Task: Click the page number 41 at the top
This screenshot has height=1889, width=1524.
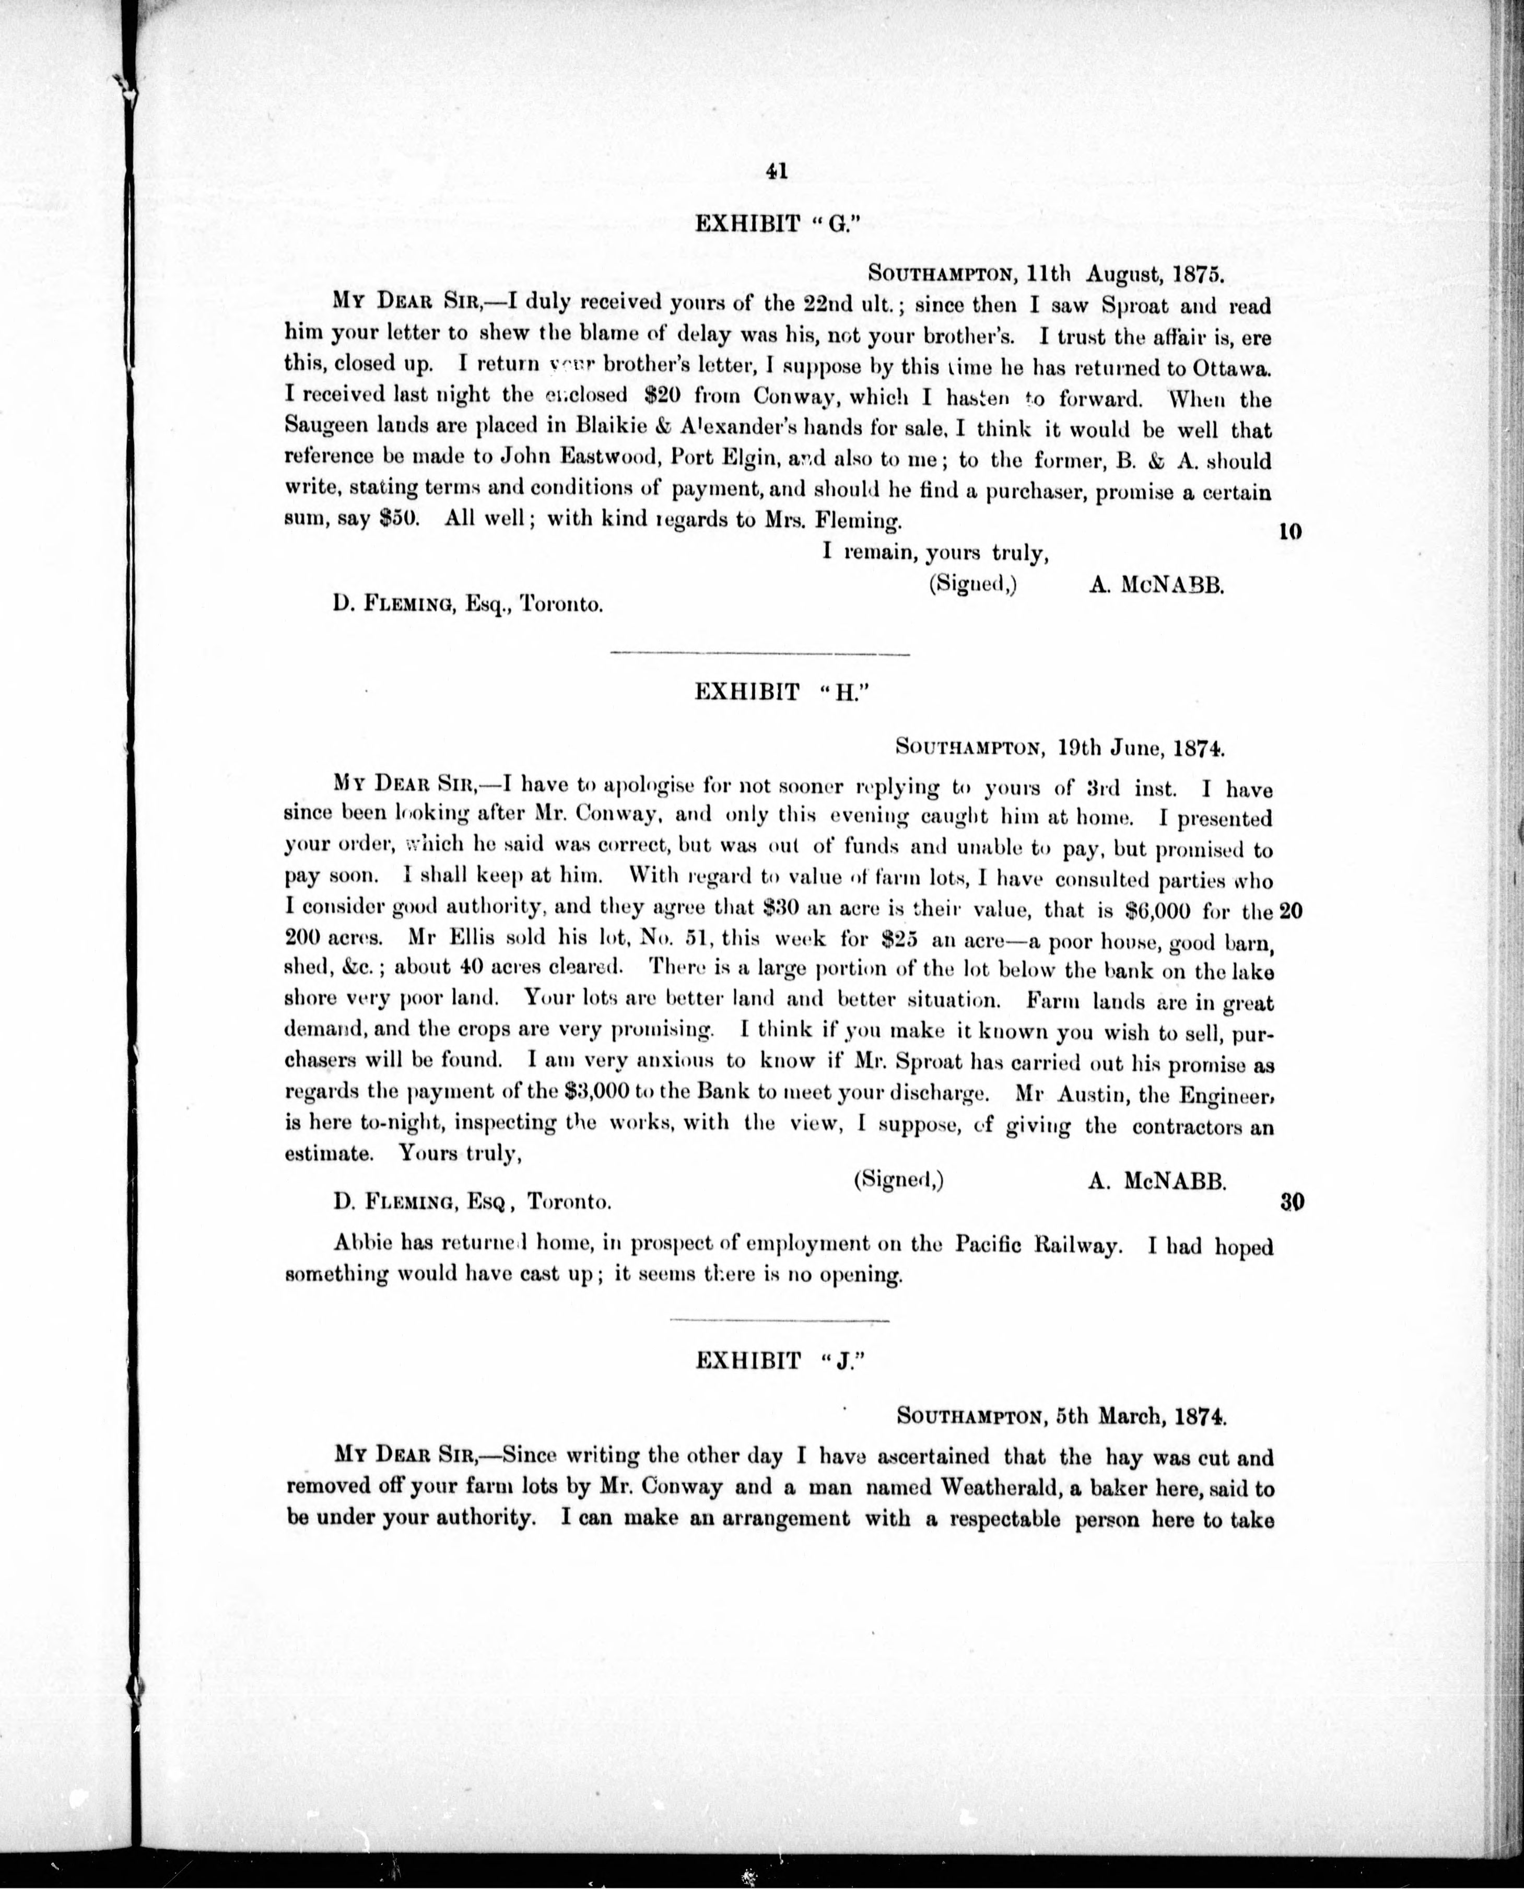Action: tap(776, 171)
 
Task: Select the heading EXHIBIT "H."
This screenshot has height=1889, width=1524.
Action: tap(773, 692)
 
